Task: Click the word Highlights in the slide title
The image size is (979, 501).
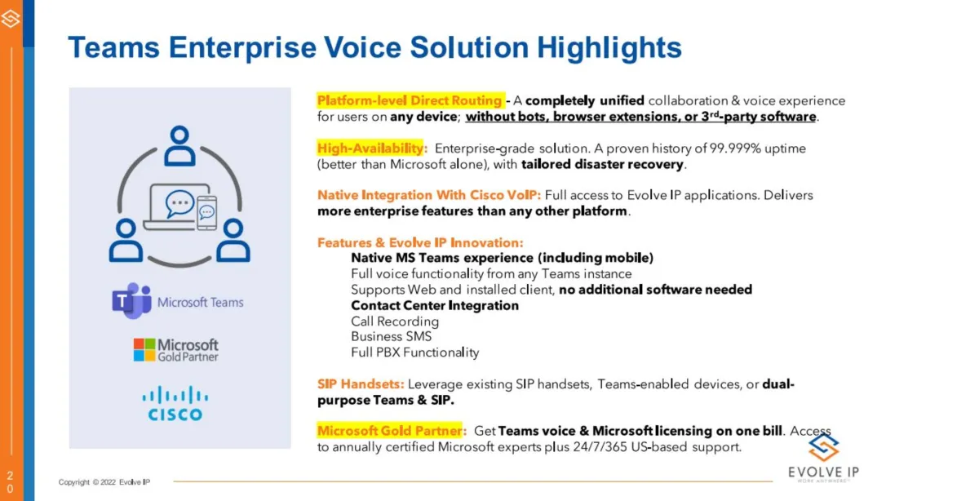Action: (609, 48)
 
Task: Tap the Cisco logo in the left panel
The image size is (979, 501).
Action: (175, 403)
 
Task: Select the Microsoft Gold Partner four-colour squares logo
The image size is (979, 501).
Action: (144, 350)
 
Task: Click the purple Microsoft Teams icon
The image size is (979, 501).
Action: (131, 300)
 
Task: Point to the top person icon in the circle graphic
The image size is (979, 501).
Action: (179, 145)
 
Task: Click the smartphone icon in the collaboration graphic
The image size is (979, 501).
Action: (206, 212)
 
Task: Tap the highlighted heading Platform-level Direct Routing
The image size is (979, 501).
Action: (409, 100)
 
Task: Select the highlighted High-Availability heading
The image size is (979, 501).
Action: (370, 149)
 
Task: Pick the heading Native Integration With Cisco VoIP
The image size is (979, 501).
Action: (429, 195)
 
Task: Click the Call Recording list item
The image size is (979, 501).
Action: (395, 321)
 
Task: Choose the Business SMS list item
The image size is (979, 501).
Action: (391, 336)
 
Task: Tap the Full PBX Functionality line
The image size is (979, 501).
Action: (414, 352)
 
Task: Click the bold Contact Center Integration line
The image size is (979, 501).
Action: (435, 305)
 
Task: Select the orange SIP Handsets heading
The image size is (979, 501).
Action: (361, 384)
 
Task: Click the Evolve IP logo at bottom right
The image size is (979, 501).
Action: (823, 458)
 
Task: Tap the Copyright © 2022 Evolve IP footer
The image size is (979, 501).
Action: (104, 481)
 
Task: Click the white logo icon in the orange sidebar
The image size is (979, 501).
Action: (11, 19)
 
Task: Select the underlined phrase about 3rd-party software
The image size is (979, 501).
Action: (640, 117)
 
